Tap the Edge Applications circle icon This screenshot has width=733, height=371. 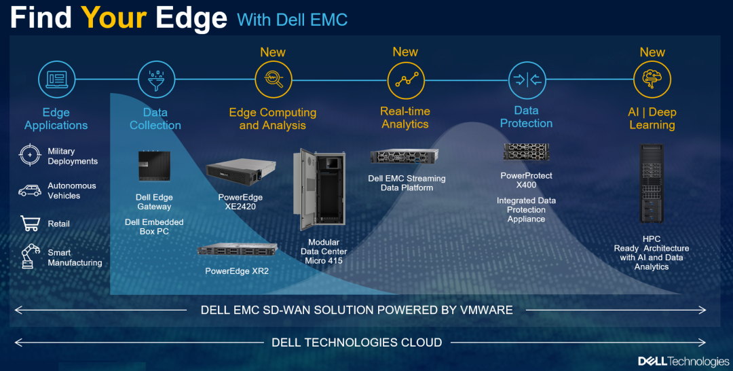point(56,79)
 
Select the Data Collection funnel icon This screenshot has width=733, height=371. point(157,79)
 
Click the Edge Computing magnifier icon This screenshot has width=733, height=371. point(274,79)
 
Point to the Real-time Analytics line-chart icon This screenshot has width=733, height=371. point(407,80)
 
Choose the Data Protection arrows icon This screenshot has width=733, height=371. point(527,80)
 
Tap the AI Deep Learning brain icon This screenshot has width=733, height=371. point(652,79)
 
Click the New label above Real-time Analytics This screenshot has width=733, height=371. point(405,52)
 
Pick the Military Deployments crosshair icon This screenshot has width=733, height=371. point(30,155)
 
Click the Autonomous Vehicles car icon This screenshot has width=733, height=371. point(29,191)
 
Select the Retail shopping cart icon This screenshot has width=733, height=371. point(30,223)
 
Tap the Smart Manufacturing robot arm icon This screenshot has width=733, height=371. point(29,256)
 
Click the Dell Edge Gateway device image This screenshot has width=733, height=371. point(154,166)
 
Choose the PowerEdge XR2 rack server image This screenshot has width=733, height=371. point(238,250)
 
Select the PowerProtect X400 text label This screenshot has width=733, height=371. point(527,180)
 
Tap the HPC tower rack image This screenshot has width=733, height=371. point(651,183)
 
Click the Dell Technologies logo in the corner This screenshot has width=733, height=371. point(683,361)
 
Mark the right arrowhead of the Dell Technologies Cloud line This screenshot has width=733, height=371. point(702,342)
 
